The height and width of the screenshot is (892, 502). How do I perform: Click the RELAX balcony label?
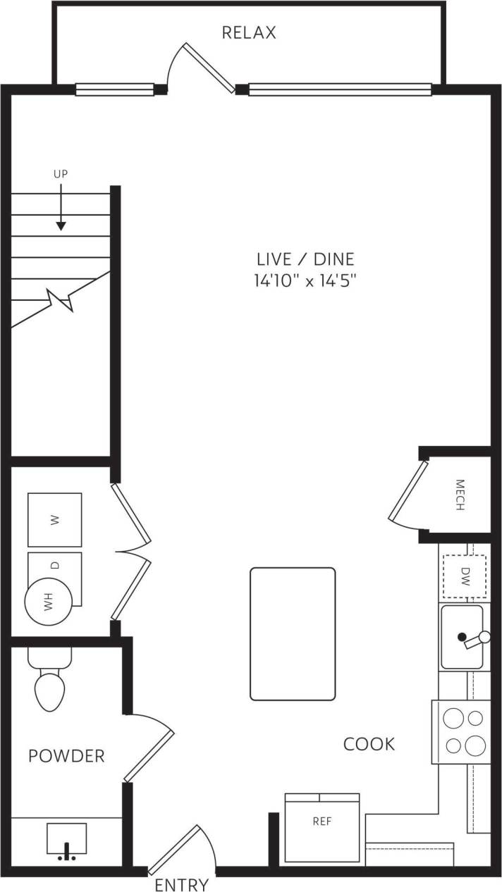pyautogui.click(x=248, y=32)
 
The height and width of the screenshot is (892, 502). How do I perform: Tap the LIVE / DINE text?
pyautogui.click(x=305, y=259)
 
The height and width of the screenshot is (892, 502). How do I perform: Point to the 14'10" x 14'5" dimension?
pyautogui.click(x=305, y=280)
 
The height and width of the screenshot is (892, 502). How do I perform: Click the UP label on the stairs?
pyautogui.click(x=61, y=173)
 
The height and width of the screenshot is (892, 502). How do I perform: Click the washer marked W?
pyautogui.click(x=54, y=520)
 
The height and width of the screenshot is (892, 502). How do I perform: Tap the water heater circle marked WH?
pyautogui.click(x=48, y=602)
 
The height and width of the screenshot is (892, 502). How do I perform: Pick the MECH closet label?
pyautogui.click(x=460, y=495)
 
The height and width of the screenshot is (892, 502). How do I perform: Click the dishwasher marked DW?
pyautogui.click(x=465, y=576)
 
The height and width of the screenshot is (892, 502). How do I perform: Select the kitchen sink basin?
pyautogui.click(x=462, y=637)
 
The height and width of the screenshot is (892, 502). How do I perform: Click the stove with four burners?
pyautogui.click(x=461, y=731)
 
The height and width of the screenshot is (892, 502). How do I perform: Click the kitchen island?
pyautogui.click(x=293, y=633)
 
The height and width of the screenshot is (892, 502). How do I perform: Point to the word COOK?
pyautogui.click(x=369, y=744)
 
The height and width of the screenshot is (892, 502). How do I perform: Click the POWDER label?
pyautogui.click(x=66, y=757)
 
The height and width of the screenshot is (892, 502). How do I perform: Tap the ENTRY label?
pyautogui.click(x=181, y=884)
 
